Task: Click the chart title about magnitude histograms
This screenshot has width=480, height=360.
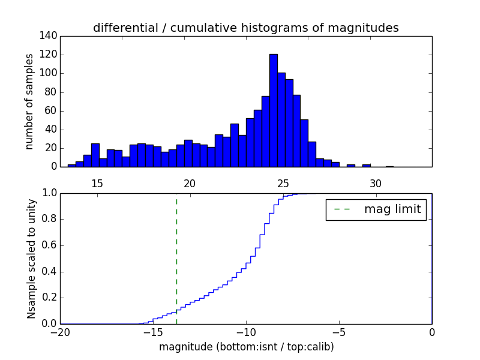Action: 245,28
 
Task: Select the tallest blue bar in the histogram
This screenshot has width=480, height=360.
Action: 273,111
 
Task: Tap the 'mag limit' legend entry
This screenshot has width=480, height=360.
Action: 376,209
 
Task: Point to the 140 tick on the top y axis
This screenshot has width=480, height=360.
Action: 50,36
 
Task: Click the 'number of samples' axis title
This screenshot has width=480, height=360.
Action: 29,101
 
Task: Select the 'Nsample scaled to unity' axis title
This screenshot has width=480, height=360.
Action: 31,258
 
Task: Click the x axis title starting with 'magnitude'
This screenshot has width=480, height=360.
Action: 246,347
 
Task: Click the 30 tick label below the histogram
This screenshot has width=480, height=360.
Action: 376,183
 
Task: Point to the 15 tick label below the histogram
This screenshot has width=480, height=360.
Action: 97,183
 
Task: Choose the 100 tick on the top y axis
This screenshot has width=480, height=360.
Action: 50,73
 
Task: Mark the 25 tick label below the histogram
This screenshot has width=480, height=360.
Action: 283,183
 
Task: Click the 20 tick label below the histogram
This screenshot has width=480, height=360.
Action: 190,183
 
